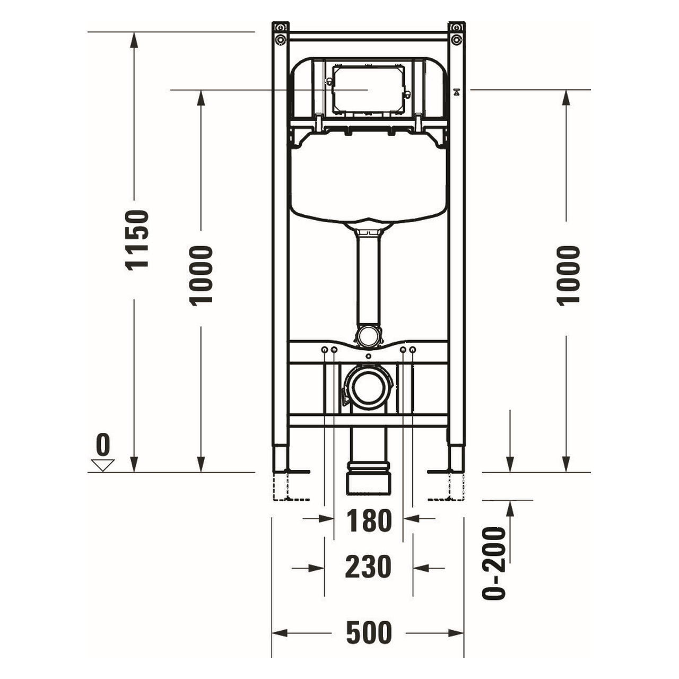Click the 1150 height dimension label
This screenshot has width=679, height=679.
click(x=137, y=240)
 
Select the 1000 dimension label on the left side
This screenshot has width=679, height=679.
click(x=202, y=275)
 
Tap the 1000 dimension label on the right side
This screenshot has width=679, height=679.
click(x=569, y=275)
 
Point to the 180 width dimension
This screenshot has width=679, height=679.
click(x=369, y=521)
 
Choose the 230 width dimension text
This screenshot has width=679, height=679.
click(x=369, y=567)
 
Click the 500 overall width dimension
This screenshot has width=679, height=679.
click(x=369, y=632)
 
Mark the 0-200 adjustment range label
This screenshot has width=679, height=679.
click(x=494, y=563)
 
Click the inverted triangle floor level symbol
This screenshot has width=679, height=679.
click(x=103, y=465)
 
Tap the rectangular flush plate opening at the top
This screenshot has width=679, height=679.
click(x=368, y=89)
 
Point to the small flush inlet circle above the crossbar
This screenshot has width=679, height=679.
click(x=368, y=335)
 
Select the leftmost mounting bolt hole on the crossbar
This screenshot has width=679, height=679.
click(x=324, y=350)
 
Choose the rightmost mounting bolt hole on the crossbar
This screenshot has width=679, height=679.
click(x=413, y=350)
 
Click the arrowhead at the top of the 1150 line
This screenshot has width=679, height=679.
click(x=134, y=38)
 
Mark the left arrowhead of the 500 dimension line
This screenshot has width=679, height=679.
click(x=278, y=633)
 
